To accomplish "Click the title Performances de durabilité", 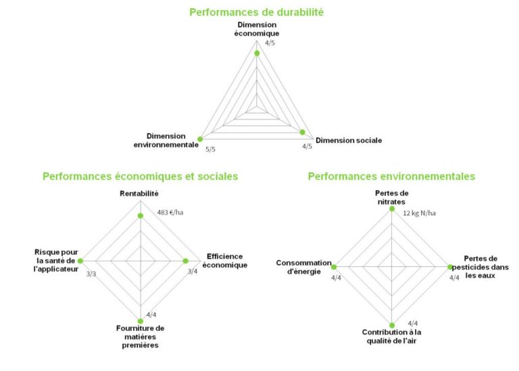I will coord(256,12).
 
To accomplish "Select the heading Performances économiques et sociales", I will coord(140,176).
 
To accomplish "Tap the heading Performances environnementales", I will coord(391,176).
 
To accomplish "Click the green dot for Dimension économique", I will coord(257,53).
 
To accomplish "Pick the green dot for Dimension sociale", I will coord(303,132).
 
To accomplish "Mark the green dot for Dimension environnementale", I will coord(200,139).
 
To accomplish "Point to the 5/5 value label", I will coord(211,149).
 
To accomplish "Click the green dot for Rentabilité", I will coord(141,216).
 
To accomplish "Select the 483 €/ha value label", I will coord(170,213).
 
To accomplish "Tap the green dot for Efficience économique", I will coord(186,261).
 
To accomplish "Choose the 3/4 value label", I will coord(193,272).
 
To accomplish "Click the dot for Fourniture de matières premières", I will coord(141,320).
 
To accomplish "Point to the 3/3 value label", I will coord(91,274).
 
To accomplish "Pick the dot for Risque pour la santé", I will coord(80,261).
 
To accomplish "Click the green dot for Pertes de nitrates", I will coord(392,209).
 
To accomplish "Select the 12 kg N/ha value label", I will coord(419,214).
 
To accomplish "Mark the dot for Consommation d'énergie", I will coord(333,267).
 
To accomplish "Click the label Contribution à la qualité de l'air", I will coord(392,336).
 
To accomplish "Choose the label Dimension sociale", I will coord(349,141).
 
